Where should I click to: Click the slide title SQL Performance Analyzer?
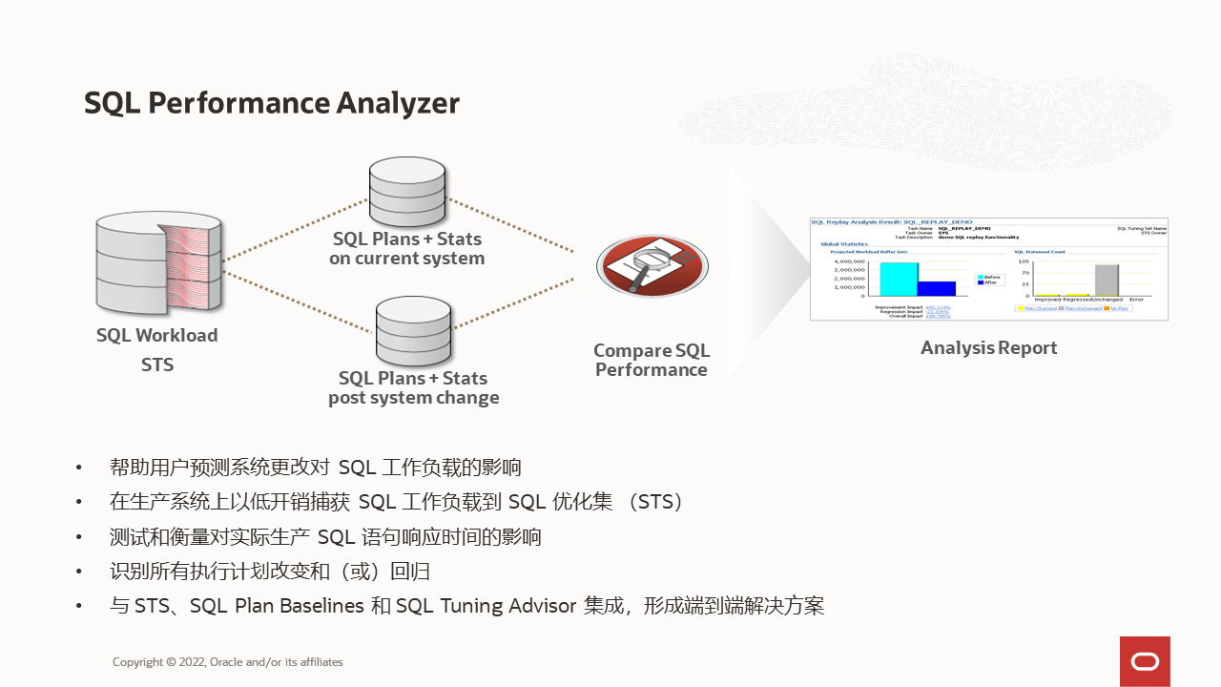tap(272, 103)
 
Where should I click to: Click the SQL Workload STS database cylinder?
tap(158, 263)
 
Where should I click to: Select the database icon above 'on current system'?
tap(407, 190)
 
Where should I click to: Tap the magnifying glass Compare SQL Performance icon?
tap(652, 266)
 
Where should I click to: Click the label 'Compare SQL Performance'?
tap(652, 361)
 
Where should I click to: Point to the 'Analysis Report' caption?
tap(988, 348)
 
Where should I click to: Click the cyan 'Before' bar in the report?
tap(899, 279)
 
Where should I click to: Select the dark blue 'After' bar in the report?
tap(936, 288)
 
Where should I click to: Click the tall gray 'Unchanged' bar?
tap(1106, 280)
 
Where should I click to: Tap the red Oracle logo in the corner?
tap(1145, 661)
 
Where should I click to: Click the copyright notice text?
tap(227, 662)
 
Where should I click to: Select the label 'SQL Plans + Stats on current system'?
tap(407, 249)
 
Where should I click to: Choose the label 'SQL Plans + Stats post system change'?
tap(413, 388)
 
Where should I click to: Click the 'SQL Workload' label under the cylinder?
tap(157, 336)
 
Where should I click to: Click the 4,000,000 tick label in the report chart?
tap(849, 261)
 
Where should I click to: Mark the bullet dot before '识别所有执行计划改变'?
tap(79, 572)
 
